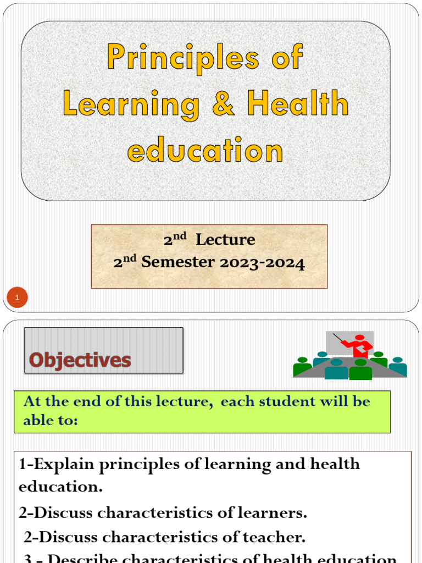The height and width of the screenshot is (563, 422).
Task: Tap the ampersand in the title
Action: pyautogui.click(x=223, y=104)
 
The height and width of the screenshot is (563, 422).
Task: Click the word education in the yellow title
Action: pyautogui.click(x=206, y=150)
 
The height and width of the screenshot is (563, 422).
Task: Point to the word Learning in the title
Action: pyautogui.click(x=131, y=104)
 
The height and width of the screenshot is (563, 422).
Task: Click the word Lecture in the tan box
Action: pyautogui.click(x=225, y=240)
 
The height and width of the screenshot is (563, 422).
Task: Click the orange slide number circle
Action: pyautogui.click(x=17, y=298)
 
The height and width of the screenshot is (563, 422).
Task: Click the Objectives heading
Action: pyautogui.click(x=80, y=360)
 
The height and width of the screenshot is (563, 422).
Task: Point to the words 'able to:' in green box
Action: pyautogui.click(x=51, y=421)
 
